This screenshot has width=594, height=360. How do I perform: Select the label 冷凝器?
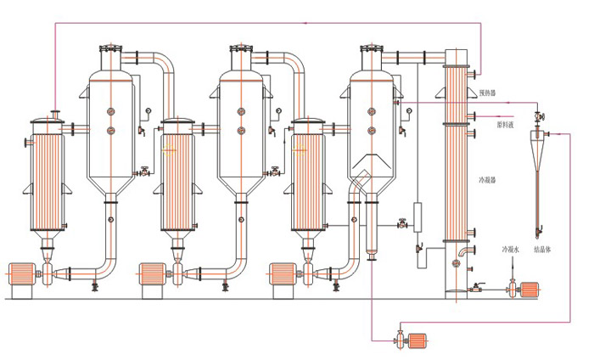490,181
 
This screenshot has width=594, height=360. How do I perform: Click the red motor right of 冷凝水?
530,290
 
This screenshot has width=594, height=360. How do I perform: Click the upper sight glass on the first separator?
110,112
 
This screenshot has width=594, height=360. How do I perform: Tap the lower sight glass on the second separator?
241,130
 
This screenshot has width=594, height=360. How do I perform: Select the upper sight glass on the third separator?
372,112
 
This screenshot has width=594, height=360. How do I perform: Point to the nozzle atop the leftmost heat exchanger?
54,114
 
